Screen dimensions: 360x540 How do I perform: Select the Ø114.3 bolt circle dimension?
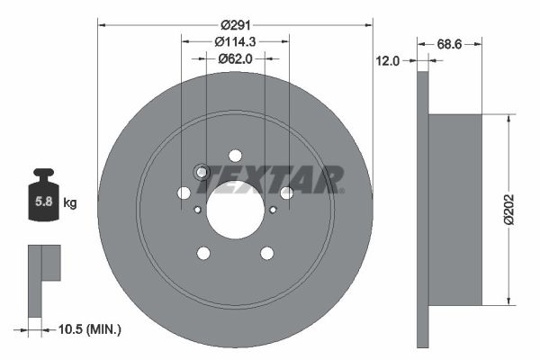click(x=235, y=40)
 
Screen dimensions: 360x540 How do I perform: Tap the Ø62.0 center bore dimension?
click(x=236, y=58)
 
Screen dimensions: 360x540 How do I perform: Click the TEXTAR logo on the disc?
click(x=270, y=179)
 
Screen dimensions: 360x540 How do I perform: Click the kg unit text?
click(x=70, y=203)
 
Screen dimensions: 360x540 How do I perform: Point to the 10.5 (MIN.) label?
click(x=88, y=330)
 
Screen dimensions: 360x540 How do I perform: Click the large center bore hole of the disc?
click(x=235, y=211)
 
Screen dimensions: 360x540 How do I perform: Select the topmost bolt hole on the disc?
click(x=235, y=155)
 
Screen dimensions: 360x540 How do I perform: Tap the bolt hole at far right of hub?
click(x=287, y=193)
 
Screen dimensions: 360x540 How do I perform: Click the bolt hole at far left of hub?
click(x=184, y=193)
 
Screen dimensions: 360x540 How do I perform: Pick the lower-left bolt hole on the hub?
click(x=203, y=253)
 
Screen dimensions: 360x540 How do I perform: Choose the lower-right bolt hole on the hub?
click(x=267, y=253)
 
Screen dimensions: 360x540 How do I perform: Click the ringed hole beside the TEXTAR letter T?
click(x=202, y=172)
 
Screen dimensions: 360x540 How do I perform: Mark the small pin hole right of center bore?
click(x=273, y=210)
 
